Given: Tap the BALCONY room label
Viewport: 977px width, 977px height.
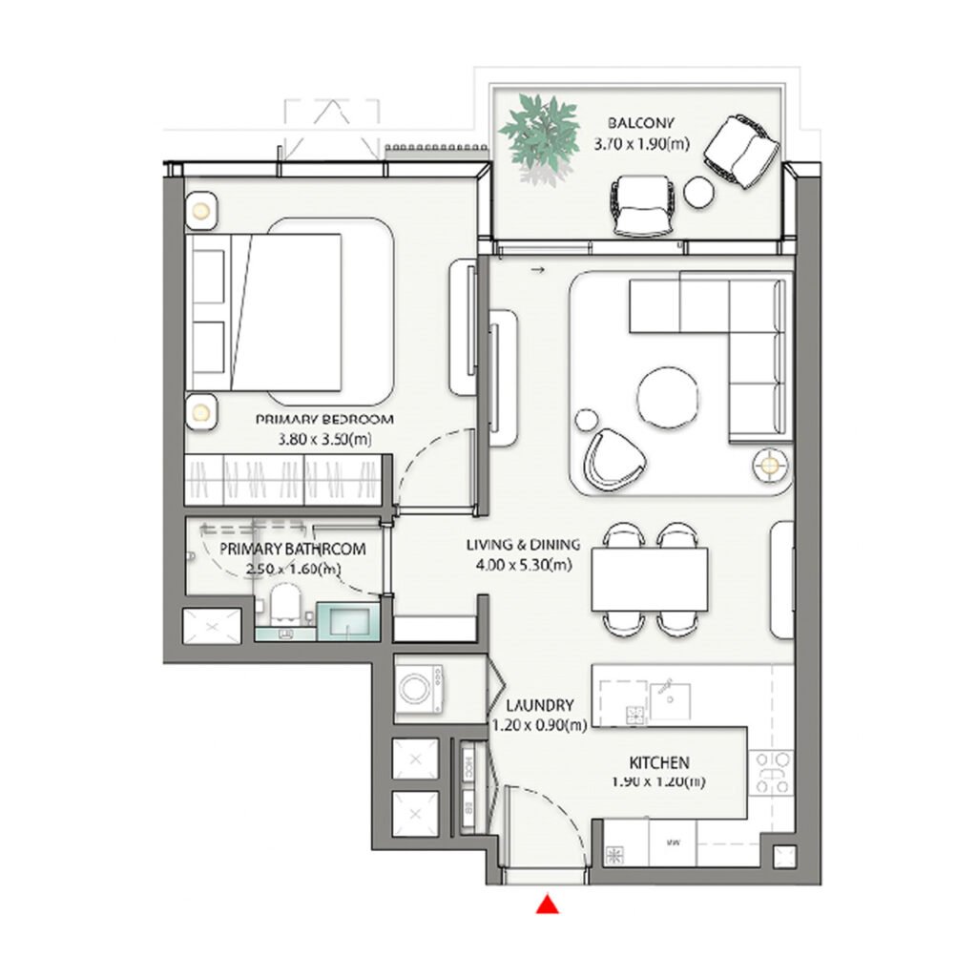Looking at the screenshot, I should [x=641, y=122].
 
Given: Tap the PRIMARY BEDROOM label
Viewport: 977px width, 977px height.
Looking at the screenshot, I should [x=310, y=419].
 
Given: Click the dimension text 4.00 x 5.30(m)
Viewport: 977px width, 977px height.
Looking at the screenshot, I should [x=523, y=565].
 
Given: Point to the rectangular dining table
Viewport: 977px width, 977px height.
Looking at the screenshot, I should [x=649, y=580].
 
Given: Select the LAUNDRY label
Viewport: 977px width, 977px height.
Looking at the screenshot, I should [x=539, y=706].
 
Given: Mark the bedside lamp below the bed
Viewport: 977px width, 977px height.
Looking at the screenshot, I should [x=201, y=411].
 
